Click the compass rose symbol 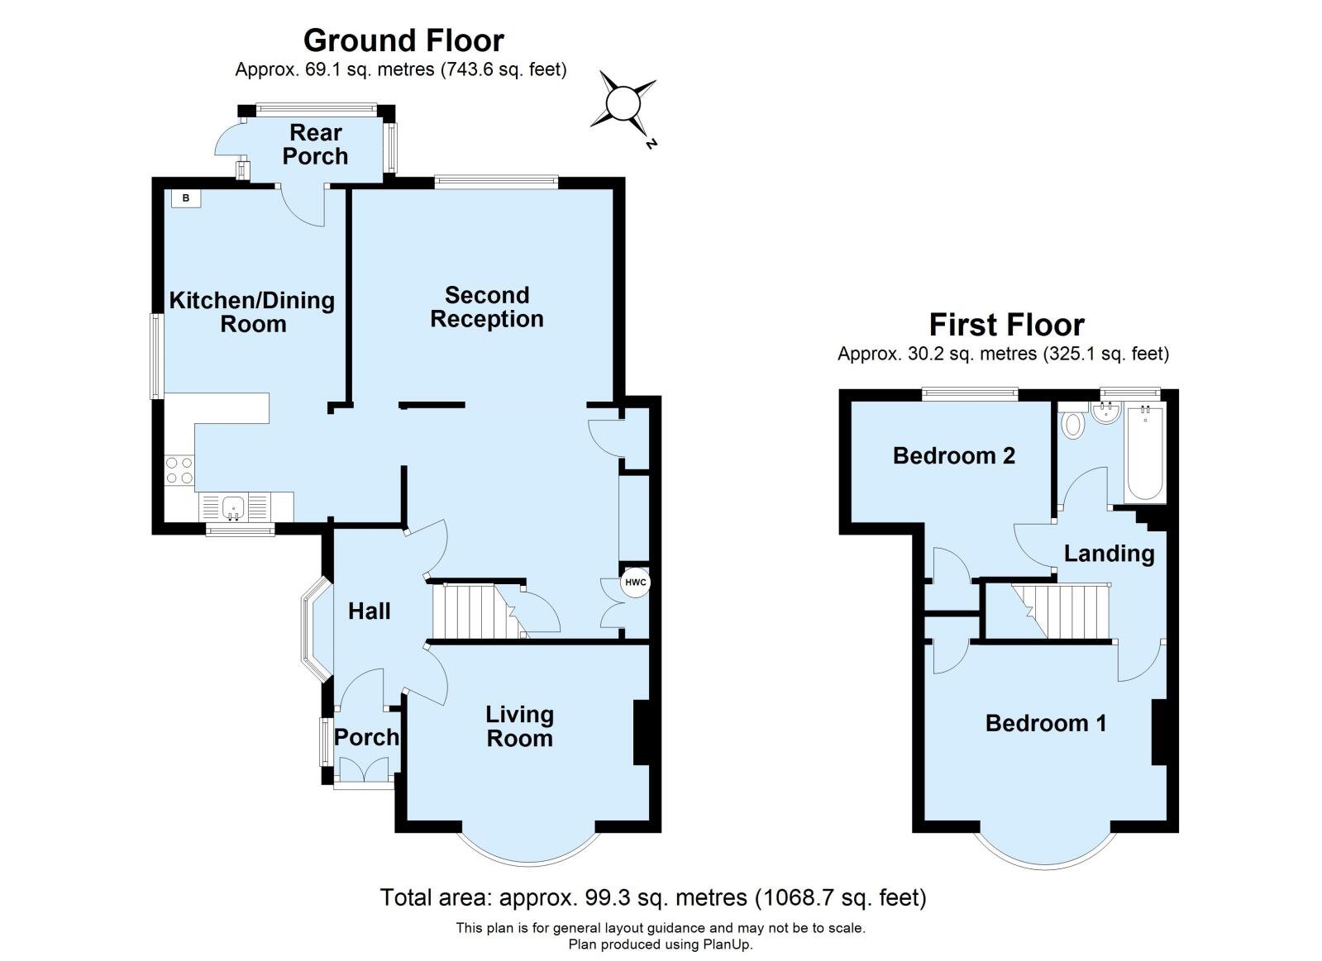point(623,104)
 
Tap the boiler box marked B point(186,198)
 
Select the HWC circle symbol point(635,583)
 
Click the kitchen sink point(234,507)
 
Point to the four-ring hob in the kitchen point(179,471)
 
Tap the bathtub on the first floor point(1145,453)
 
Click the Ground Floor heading point(403,40)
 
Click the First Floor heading point(1007,325)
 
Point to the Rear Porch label point(315,145)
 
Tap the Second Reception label point(487,307)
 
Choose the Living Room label point(519,726)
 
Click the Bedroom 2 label point(954,455)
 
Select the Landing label point(1109,554)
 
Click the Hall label point(370,611)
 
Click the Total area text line point(653,897)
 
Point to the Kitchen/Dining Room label point(252,312)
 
